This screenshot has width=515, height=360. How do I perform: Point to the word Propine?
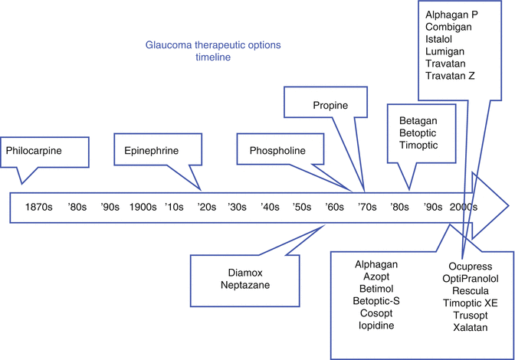click(x=331, y=104)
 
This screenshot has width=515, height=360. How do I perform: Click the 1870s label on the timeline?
click(x=38, y=208)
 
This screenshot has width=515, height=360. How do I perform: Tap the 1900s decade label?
click(x=143, y=208)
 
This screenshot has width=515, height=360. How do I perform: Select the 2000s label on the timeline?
click(x=464, y=208)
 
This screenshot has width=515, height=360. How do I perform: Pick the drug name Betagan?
click(x=418, y=119)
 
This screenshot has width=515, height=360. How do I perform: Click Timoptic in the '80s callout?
click(x=419, y=146)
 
